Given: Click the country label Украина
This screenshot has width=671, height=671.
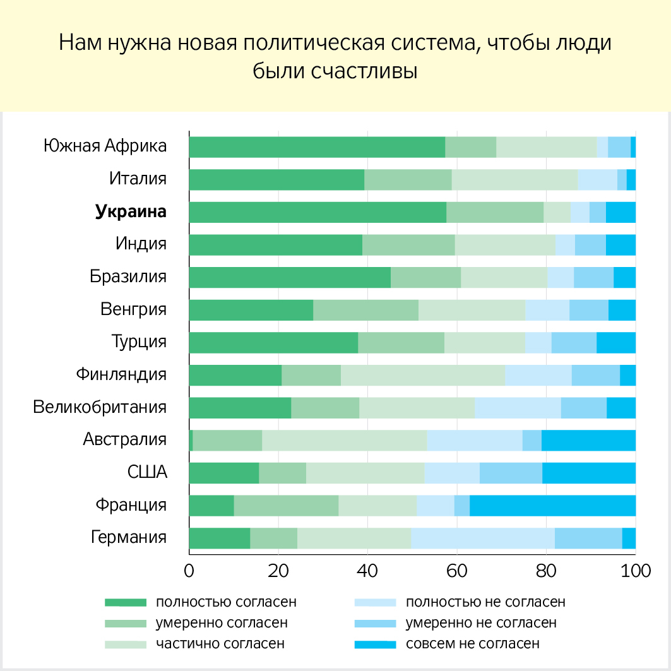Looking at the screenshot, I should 131,212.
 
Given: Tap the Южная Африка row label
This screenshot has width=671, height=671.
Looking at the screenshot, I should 105,146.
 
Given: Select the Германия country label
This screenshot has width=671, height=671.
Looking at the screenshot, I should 129,538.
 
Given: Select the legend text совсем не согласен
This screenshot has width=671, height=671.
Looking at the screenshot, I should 473,644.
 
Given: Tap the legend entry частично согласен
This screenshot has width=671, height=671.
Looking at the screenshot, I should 220,644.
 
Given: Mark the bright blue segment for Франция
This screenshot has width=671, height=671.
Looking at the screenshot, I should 552,506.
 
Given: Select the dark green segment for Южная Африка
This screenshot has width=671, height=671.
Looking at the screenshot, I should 317,147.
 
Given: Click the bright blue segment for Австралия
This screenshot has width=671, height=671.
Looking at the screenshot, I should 588,440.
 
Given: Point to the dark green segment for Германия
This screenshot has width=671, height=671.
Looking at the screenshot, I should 219,538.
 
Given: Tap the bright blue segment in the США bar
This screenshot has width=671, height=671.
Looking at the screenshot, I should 588,473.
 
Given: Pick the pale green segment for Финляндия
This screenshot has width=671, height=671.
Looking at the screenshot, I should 422,375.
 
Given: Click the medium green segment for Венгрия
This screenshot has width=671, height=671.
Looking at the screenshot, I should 365,310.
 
